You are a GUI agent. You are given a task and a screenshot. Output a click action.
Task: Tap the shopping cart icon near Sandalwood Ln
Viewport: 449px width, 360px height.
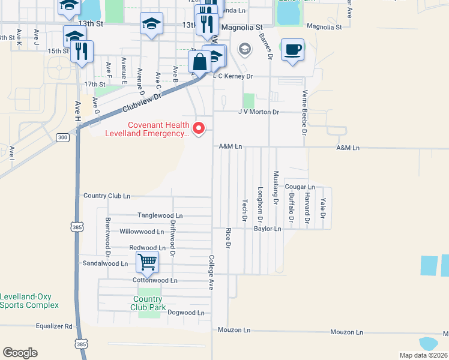click(x=147, y=262)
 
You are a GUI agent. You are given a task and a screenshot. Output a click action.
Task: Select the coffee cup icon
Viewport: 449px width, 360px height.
click(x=292, y=50)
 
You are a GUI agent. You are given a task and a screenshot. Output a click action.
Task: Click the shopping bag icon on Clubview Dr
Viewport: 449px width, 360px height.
click(x=199, y=61)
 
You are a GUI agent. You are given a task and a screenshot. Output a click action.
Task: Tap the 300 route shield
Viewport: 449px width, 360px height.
click(x=62, y=137)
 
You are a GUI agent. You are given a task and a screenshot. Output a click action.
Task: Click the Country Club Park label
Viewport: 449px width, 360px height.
click(x=149, y=303)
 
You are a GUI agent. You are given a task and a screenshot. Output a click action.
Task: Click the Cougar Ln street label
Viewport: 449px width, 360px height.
click(x=300, y=187)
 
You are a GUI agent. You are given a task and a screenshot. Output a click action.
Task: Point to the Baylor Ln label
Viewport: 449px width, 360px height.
click(x=267, y=229)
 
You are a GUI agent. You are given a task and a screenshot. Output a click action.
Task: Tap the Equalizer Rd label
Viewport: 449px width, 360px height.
click(x=54, y=326)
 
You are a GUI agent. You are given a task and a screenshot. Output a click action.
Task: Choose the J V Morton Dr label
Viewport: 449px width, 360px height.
click(x=259, y=112)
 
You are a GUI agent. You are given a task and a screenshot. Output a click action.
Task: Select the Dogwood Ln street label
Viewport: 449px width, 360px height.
click(x=186, y=313)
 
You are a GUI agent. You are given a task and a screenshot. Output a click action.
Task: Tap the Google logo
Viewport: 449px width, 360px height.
click(x=20, y=353)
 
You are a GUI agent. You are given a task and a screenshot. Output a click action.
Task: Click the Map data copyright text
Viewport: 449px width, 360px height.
click(x=424, y=355)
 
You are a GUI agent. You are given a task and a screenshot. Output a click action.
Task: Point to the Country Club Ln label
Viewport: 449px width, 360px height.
click(x=107, y=196)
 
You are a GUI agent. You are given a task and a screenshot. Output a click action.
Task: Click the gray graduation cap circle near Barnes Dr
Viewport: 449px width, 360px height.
click(x=245, y=49)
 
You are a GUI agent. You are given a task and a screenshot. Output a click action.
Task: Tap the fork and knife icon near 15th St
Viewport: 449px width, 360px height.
click(x=82, y=51)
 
